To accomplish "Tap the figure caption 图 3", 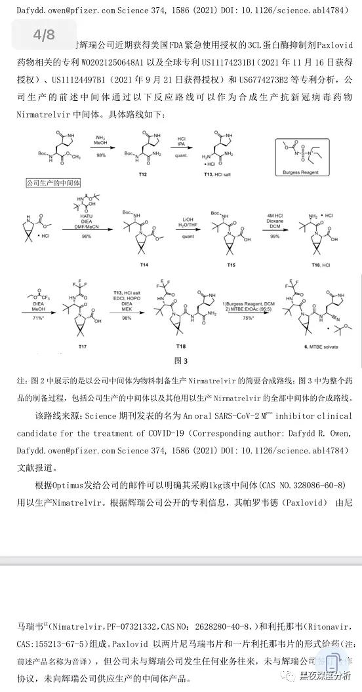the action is pyautogui.click(x=182, y=360).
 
